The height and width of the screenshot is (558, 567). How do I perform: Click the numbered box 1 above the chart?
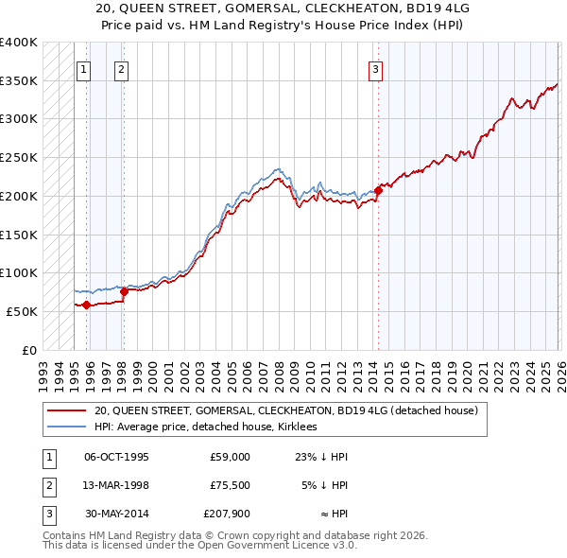84,68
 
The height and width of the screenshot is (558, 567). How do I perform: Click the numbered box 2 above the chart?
123,68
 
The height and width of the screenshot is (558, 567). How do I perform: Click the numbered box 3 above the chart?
376,68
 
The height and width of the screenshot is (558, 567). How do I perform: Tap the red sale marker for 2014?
378,190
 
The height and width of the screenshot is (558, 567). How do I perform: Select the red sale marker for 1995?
86,305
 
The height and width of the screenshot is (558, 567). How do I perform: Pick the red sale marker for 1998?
124,291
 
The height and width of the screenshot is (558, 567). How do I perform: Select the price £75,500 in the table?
227,485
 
